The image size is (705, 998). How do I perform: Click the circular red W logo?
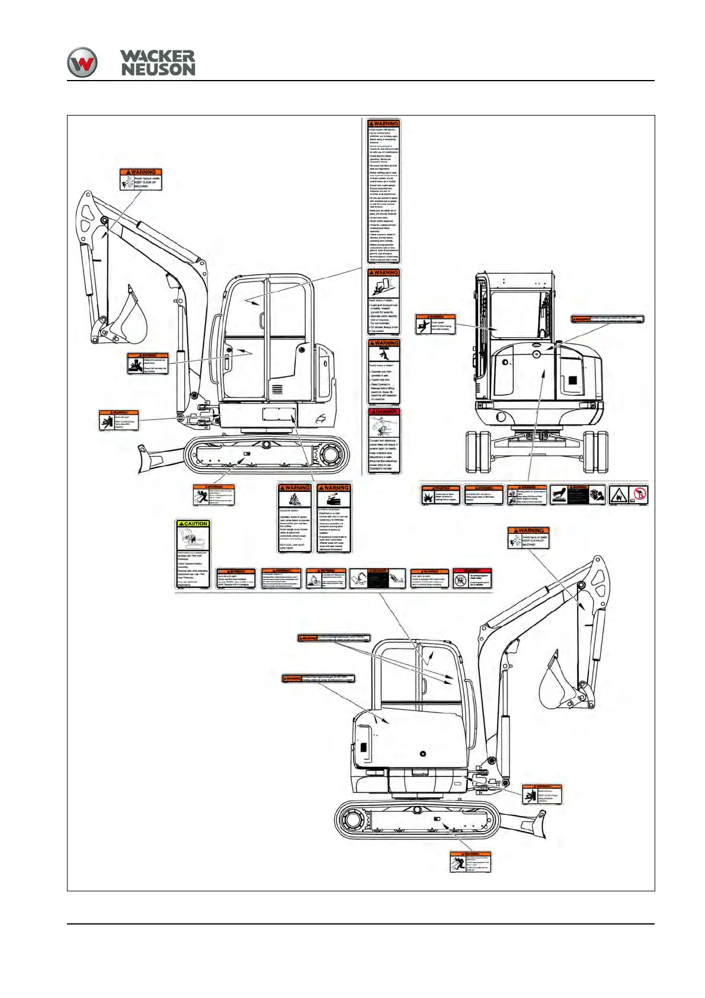click(x=82, y=62)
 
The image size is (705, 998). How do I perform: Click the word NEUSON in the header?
click(x=158, y=70)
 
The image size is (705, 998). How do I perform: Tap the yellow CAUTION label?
click(x=193, y=554)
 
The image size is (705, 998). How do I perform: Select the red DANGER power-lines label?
click(x=384, y=440)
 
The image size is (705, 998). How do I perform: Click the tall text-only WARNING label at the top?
click(x=384, y=191)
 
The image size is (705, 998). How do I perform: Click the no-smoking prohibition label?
click(x=638, y=495)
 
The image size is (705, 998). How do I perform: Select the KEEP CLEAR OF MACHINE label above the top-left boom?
click(x=140, y=179)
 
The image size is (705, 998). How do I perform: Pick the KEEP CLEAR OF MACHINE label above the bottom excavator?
click(x=528, y=538)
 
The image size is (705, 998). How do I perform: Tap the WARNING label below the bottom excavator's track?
click(x=470, y=862)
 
